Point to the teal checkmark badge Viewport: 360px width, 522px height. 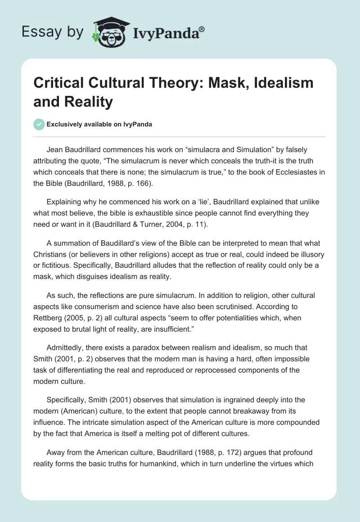tap(39, 124)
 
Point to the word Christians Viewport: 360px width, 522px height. tap(52, 255)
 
